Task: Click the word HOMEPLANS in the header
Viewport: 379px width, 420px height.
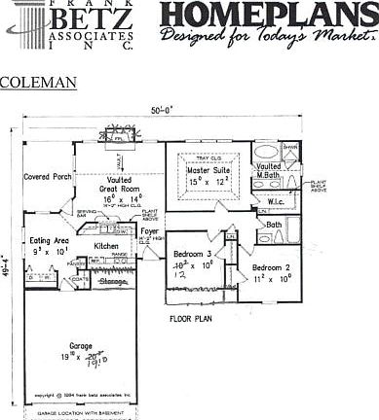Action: tap(266, 17)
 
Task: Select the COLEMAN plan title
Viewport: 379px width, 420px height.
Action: tap(38, 83)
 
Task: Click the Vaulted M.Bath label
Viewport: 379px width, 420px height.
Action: tap(269, 171)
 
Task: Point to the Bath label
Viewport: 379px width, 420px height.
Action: tap(275, 225)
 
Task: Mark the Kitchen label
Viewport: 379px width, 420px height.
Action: tap(106, 246)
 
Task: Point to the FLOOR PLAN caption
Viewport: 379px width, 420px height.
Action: tap(191, 318)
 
